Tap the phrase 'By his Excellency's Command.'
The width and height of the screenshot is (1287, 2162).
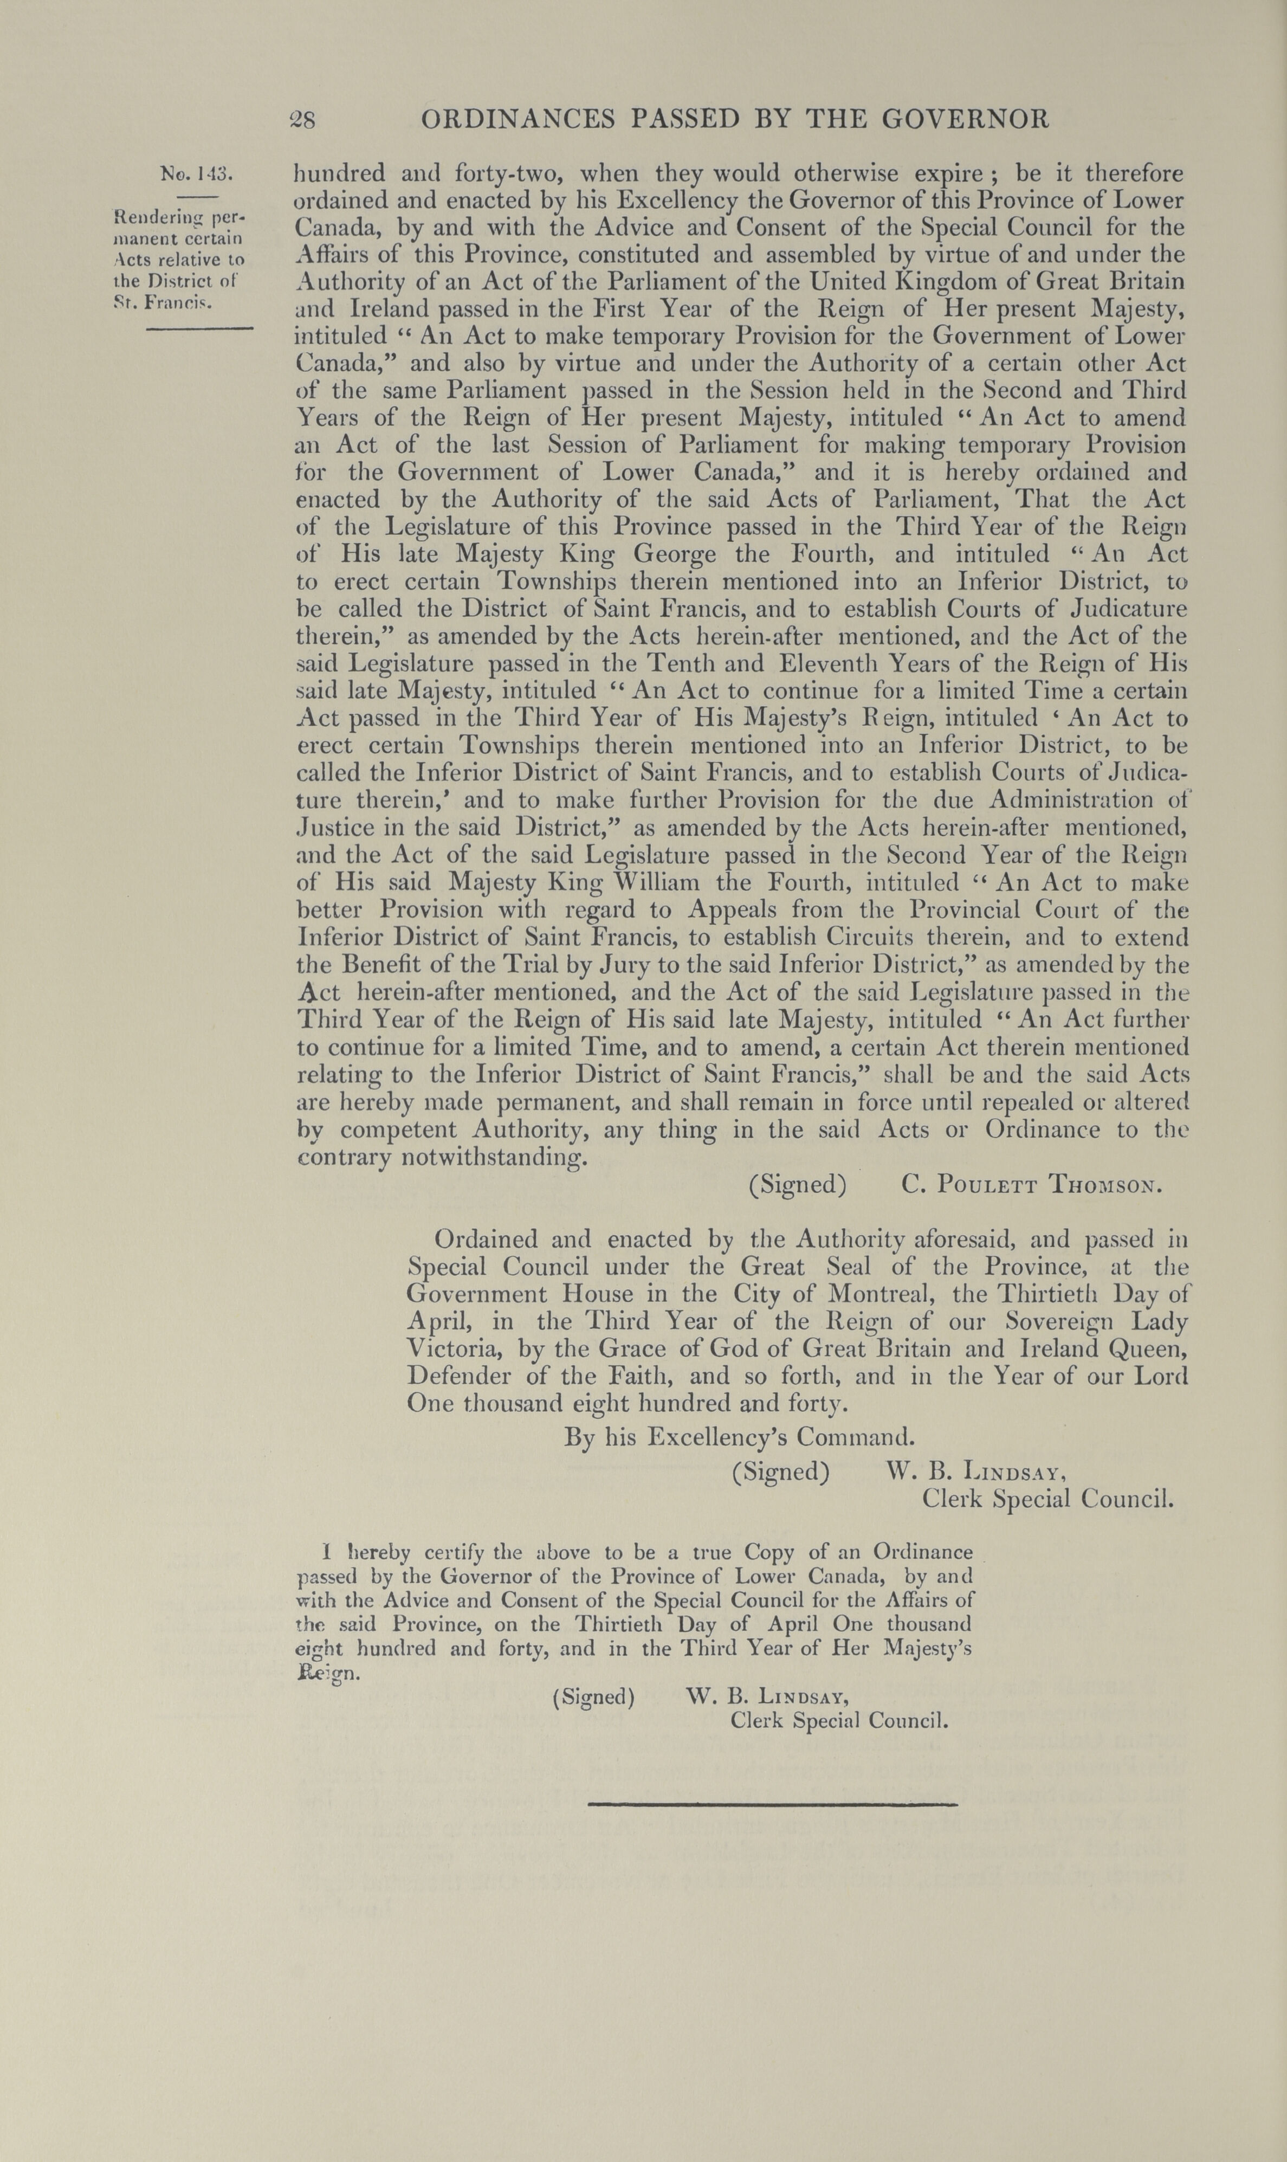click(739, 1437)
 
